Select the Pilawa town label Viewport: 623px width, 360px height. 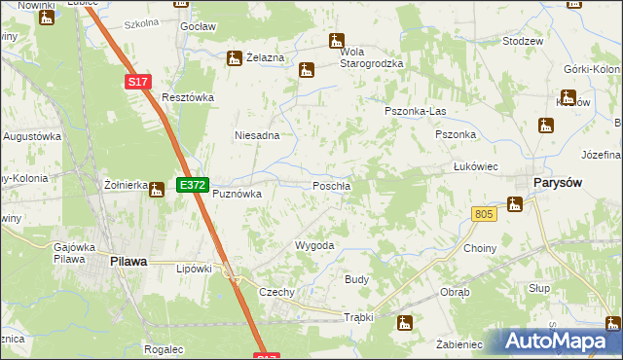(128, 261)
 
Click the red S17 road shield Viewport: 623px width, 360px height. (138, 84)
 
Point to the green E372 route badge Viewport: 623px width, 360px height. (191, 183)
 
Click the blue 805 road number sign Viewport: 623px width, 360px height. (485, 213)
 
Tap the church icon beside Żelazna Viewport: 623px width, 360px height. (234, 58)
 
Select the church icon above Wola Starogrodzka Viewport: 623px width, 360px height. (337, 42)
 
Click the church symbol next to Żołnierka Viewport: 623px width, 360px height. (157, 191)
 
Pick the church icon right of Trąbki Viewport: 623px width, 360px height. (406, 323)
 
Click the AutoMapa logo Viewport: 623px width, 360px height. (560, 342)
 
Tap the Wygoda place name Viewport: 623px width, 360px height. (314, 246)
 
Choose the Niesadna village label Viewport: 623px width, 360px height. (257, 136)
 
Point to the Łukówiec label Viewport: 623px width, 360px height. (476, 166)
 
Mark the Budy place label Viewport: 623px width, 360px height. (356, 279)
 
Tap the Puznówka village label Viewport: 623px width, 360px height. (238, 194)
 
